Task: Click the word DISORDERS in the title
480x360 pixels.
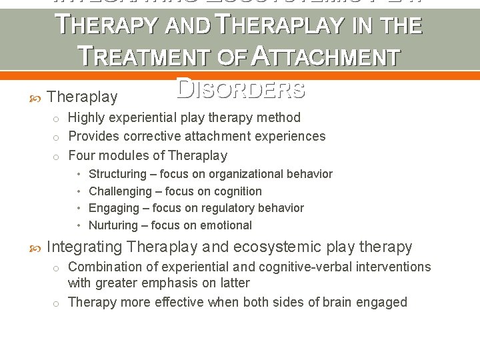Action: click(241, 89)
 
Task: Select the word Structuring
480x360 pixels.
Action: click(117, 174)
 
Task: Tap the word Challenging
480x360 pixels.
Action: click(120, 191)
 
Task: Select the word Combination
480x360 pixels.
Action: click(102, 267)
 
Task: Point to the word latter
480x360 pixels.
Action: click(234, 283)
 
